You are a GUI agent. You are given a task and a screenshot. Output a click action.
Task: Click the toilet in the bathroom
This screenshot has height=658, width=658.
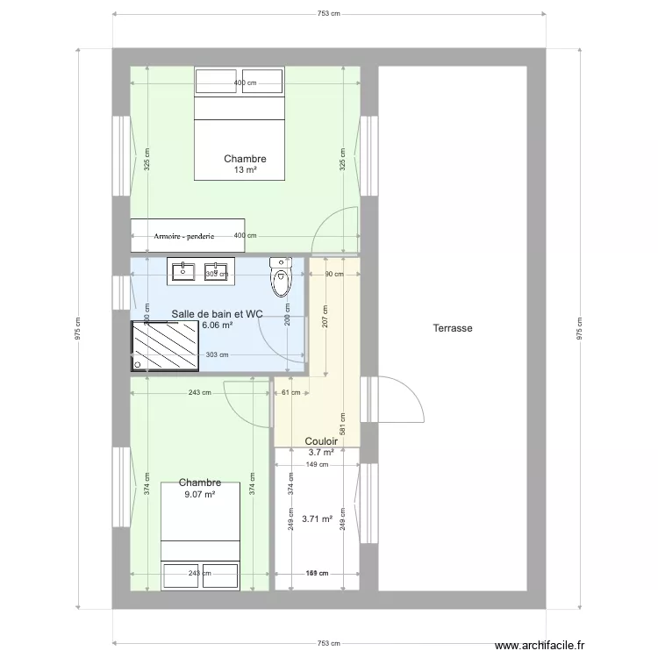coord(281,278)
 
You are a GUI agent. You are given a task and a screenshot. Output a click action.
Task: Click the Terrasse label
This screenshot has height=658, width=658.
coord(453,329)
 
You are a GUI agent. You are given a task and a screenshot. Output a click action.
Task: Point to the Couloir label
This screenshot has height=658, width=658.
coord(321,442)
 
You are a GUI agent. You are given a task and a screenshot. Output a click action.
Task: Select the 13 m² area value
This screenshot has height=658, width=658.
coord(245,170)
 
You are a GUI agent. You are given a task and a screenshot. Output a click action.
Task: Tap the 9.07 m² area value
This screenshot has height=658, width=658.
coord(199,494)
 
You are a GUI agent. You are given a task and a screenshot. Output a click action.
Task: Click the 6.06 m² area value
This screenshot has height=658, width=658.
coord(217,325)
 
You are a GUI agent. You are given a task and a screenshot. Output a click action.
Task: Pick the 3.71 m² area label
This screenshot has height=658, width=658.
coord(317,519)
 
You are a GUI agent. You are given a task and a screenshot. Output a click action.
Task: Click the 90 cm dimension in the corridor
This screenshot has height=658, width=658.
coord(334,274)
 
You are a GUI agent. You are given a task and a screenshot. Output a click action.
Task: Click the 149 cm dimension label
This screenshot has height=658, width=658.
coord(317,465)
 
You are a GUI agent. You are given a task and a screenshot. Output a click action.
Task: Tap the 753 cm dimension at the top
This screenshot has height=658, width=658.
coord(329,14)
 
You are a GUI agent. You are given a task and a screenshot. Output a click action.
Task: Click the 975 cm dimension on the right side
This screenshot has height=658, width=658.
coord(578,329)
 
